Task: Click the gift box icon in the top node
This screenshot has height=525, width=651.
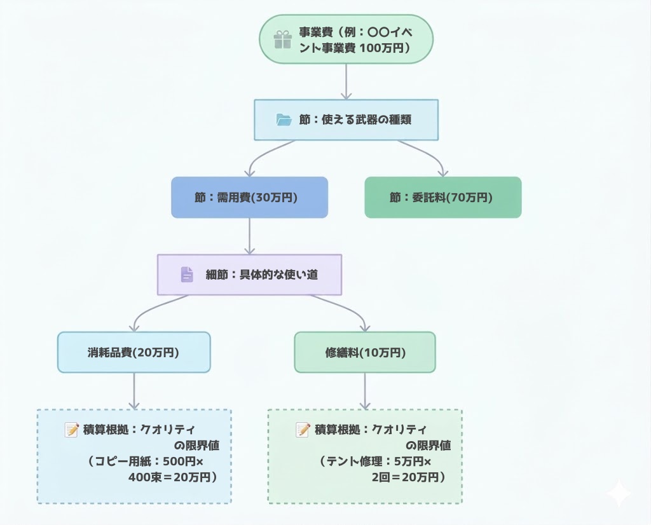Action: pos(282,40)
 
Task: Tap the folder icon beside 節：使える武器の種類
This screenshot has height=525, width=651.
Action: pos(284,119)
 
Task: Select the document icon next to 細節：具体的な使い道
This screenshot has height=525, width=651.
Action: pos(187,275)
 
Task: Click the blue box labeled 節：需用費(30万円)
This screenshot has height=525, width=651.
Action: pos(249,198)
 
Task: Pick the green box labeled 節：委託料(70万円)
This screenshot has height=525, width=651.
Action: pos(442,198)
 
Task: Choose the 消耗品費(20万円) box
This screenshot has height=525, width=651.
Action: pos(134,352)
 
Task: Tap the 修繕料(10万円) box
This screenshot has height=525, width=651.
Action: pos(365,352)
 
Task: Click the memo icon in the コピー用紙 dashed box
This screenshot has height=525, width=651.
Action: pos(72,430)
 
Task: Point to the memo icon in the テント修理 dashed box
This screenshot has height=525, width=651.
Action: pos(303,430)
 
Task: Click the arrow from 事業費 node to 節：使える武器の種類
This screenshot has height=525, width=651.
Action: pos(346,81)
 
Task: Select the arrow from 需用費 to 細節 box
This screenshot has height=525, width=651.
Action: pos(249,236)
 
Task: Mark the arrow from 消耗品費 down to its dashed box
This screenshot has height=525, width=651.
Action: pos(134,390)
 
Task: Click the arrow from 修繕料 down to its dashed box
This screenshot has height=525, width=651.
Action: pos(365,390)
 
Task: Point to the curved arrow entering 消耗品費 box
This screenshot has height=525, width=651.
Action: pos(146,311)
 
